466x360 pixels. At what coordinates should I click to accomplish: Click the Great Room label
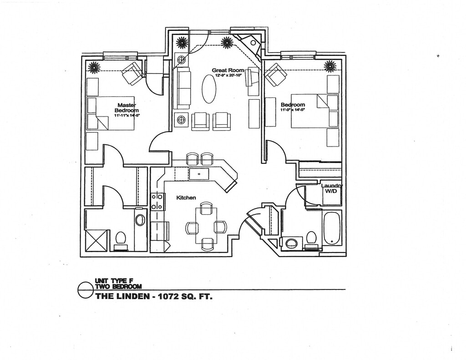228,70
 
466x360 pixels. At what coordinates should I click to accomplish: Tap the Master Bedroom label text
127,108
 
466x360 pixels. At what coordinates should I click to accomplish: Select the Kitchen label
186,198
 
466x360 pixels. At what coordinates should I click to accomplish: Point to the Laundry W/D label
331,188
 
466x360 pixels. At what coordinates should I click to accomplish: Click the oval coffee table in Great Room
208,89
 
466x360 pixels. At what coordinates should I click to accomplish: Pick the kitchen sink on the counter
199,174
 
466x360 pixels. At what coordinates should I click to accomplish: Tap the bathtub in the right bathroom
332,228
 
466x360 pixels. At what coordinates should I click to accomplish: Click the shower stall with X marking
97,240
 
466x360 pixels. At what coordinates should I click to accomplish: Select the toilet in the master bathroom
121,238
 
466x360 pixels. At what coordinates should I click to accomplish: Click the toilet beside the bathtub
311,238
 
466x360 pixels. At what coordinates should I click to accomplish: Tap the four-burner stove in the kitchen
157,201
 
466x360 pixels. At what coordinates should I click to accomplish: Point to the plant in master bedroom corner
94,67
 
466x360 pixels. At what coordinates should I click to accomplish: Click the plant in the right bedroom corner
330,66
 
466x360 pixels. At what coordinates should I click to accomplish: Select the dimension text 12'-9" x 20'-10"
228,76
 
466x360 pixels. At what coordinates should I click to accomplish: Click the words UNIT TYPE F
111,281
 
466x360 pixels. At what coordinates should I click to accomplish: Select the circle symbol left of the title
86,290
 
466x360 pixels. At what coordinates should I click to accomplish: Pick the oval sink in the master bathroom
140,220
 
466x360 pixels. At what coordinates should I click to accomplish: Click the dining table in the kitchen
206,226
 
